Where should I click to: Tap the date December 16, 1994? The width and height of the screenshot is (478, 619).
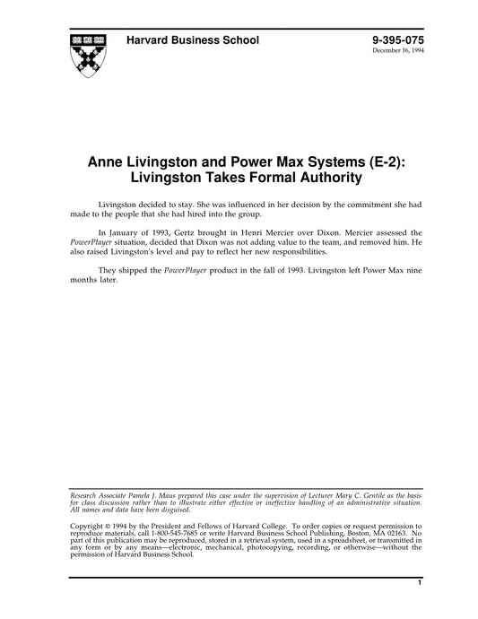tap(399, 52)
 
